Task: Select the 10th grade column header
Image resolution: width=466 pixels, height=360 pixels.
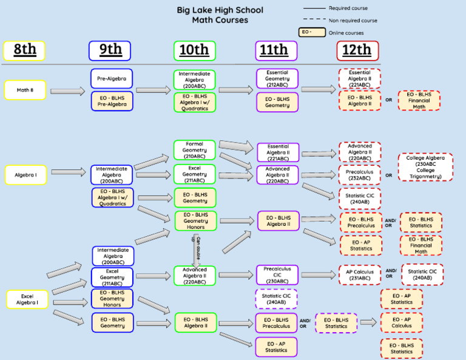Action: tap(194, 50)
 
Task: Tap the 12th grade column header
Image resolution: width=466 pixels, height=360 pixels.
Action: tap(357, 50)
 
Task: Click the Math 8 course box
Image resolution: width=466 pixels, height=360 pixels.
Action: tap(25, 90)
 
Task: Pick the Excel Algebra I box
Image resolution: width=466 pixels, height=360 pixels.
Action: tap(27, 299)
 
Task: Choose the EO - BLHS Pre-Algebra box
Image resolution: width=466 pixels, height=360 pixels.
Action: tap(112, 101)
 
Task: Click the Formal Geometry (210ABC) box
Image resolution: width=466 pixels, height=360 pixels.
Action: tap(194, 150)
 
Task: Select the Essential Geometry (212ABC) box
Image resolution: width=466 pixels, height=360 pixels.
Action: tap(277, 78)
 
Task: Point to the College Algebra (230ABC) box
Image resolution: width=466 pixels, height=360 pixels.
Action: tap(429, 167)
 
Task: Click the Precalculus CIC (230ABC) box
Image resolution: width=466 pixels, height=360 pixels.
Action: tap(277, 274)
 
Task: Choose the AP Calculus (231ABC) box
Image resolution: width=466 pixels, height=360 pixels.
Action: tap(359, 274)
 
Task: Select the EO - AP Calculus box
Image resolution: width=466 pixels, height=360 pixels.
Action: tap(401, 322)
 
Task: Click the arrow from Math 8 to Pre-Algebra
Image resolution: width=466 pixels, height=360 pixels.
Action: tap(67, 91)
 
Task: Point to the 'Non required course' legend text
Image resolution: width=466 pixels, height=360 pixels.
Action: tap(353, 20)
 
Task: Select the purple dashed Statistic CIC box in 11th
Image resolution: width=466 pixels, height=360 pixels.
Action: tap(277, 299)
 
